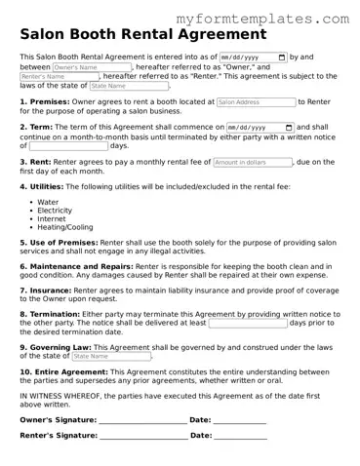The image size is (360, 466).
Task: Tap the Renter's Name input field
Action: point(44,76)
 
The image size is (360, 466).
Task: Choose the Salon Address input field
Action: point(256,101)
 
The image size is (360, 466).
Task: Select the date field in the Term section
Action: point(260,128)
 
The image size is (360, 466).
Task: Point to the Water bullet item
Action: point(48,202)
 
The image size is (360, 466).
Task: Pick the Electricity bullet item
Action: point(55,211)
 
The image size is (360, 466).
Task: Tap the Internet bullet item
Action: point(52,219)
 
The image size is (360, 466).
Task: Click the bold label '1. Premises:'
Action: point(44,101)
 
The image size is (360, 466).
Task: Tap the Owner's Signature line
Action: point(143,421)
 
